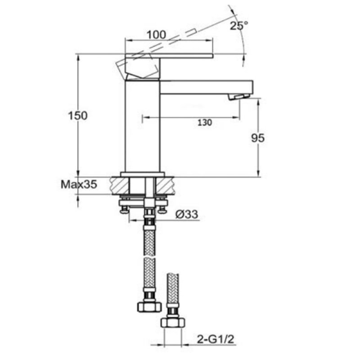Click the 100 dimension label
click(156, 34)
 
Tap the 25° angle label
click(238, 26)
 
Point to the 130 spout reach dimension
click(205, 122)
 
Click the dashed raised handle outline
click(166, 43)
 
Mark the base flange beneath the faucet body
click(143, 174)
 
